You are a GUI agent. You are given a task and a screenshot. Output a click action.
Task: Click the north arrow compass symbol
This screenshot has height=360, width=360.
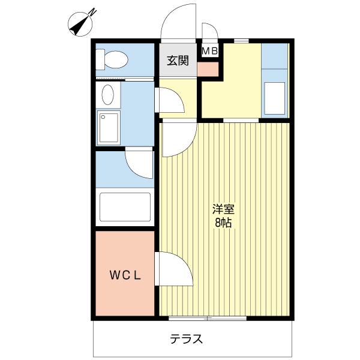[80, 24]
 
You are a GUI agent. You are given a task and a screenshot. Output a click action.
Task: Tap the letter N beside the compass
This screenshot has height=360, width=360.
[92, 12]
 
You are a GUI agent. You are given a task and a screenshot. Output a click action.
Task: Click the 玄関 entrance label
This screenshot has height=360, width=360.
[178, 61]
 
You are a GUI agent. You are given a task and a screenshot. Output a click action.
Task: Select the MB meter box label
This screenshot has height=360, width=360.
[209, 51]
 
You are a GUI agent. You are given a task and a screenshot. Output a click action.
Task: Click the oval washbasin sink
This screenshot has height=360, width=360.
[107, 95]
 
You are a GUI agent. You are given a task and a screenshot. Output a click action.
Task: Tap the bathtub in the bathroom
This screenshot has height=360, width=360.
[125, 207]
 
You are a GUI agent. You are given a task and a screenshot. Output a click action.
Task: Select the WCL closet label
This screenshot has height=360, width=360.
[125, 275]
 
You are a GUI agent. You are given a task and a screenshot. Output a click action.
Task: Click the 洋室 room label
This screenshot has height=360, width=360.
[223, 209]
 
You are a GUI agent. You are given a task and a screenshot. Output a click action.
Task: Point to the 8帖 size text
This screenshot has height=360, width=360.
[223, 222]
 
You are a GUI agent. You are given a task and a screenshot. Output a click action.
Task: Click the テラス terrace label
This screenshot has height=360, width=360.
[187, 338]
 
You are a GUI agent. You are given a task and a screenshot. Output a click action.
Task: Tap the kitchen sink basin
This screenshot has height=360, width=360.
[275, 98]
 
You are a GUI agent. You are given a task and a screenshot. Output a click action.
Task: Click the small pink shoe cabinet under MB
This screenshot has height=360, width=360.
[208, 69]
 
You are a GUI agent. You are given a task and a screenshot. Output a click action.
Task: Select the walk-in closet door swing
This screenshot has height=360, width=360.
[174, 269]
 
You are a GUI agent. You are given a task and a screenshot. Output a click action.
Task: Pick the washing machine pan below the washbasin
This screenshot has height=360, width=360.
[109, 128]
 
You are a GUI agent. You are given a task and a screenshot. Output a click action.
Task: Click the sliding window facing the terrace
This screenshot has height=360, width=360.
[208, 319]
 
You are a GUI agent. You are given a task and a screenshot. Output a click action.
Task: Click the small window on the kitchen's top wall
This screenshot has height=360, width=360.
[241, 41]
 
